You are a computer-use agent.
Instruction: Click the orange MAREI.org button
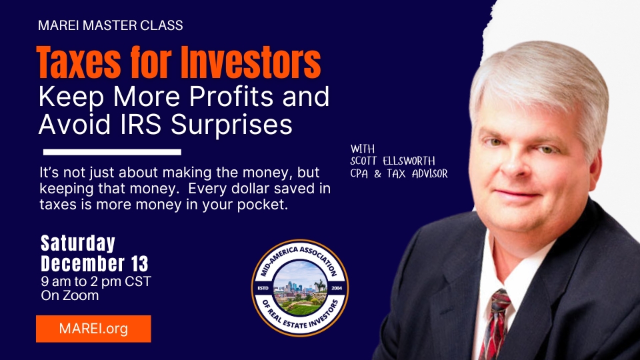(93, 329)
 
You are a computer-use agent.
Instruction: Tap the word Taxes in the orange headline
(79, 63)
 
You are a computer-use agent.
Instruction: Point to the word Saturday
(78, 243)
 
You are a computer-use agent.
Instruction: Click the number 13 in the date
(139, 264)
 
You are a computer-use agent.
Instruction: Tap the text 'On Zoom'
(70, 295)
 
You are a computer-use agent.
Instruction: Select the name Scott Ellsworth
(393, 161)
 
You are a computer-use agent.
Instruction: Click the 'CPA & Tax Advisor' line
(399, 174)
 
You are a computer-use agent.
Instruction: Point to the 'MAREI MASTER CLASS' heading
(111, 25)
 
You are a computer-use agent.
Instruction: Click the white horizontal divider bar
(112, 152)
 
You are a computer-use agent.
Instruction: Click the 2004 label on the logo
(337, 288)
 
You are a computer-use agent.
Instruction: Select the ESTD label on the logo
(263, 288)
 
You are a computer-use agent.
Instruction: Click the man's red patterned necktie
(495, 325)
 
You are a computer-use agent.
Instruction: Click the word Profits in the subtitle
(231, 97)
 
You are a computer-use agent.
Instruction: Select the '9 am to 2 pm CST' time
(96, 281)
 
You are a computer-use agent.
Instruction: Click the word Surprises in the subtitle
(231, 125)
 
